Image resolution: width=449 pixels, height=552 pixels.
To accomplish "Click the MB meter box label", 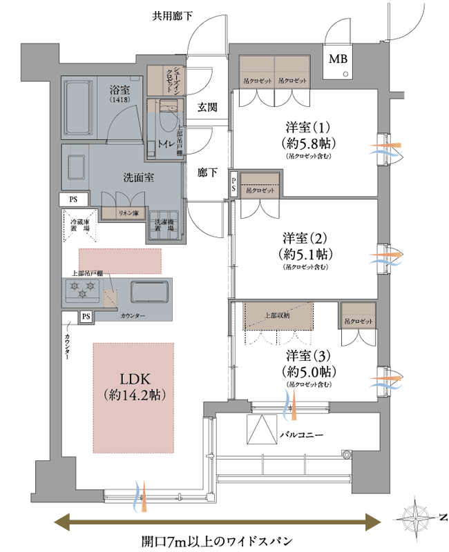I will pyautogui.click(x=338, y=59).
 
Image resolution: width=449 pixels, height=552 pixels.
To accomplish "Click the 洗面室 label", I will pyautogui.click(x=138, y=177).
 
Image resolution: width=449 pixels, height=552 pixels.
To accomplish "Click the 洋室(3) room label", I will pyautogui.click(x=309, y=356).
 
